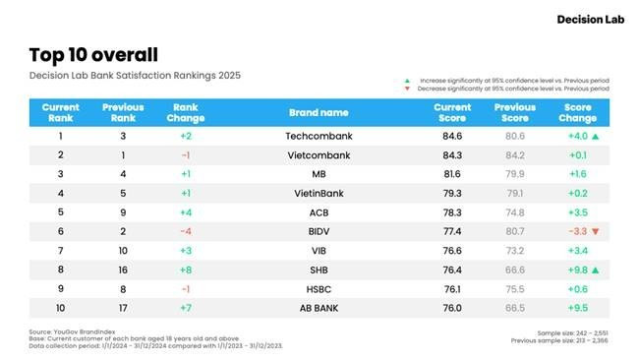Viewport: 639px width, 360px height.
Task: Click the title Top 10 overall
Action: pyautogui.click(x=93, y=54)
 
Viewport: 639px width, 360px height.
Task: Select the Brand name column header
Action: pyautogui.click(x=318, y=112)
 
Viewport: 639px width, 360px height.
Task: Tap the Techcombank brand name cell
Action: pyautogui.click(x=318, y=137)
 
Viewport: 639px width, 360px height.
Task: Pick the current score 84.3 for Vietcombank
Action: pyautogui.click(x=452, y=155)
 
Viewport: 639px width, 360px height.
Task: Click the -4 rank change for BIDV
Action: pyautogui.click(x=187, y=230)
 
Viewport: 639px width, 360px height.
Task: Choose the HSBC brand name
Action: pyautogui.click(x=318, y=287)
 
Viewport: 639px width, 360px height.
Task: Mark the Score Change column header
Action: pyautogui.click(x=577, y=112)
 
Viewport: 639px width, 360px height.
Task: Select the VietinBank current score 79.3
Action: pyautogui.click(x=452, y=193)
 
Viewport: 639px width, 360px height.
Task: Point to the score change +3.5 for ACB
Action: pyautogui.click(x=577, y=211)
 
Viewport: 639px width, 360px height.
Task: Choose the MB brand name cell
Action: pyautogui.click(x=318, y=174)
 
